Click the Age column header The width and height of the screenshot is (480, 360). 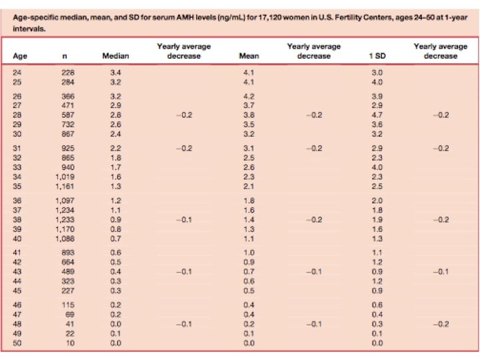pos(20,57)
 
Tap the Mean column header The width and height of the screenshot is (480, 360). pos(248,57)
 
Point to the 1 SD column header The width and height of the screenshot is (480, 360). pos(377,57)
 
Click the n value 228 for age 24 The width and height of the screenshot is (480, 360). pos(68,71)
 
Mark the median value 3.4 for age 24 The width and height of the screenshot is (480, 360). pos(115,71)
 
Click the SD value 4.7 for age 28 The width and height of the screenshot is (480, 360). pos(377,115)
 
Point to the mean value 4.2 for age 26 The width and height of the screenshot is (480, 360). pos(248,96)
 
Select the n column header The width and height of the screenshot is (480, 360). pos(64,57)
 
